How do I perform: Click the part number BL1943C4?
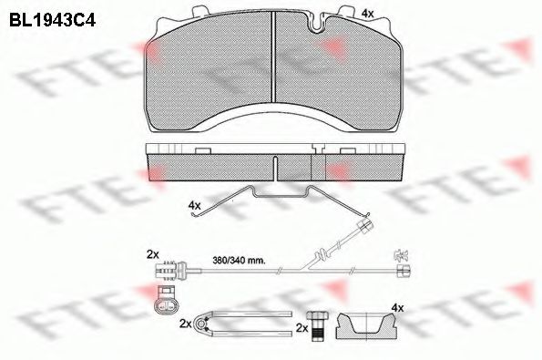pyautogui.click(x=52, y=15)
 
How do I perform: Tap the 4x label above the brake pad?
pyautogui.click(x=368, y=13)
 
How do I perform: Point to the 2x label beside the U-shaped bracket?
pyautogui.click(x=186, y=323)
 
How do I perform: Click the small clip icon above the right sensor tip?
pyautogui.click(x=397, y=254)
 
